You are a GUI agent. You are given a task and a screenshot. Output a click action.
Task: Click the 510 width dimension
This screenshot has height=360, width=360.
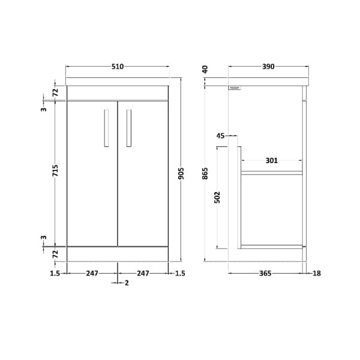pyautogui.click(x=117, y=67)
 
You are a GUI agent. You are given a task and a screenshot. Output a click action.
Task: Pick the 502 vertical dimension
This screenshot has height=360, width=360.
pyautogui.click(x=217, y=197)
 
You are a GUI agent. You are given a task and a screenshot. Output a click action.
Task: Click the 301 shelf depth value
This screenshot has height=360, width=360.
pyautogui.click(x=271, y=160)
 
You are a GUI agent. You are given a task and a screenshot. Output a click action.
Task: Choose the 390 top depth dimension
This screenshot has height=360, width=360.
pyautogui.click(x=268, y=67)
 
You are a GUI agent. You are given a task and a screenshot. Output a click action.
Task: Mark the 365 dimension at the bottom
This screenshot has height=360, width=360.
pyautogui.click(x=265, y=274)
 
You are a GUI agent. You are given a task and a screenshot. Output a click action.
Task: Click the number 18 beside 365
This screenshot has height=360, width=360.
pyautogui.click(x=317, y=274)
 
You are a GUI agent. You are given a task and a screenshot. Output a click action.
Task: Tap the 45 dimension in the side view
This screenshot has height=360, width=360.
pyautogui.click(x=220, y=136)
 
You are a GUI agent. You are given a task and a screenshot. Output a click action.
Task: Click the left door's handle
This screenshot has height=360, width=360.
pyautogui.click(x=106, y=128)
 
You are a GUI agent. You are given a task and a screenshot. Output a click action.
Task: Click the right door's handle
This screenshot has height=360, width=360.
pyautogui.click(x=128, y=128)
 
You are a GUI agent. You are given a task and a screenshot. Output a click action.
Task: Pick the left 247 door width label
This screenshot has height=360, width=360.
pyautogui.click(x=92, y=274)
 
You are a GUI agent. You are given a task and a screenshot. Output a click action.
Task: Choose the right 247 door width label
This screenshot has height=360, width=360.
pyautogui.click(x=143, y=274)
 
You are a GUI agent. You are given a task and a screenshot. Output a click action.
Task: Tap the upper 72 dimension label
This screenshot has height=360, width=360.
pyautogui.click(x=55, y=92)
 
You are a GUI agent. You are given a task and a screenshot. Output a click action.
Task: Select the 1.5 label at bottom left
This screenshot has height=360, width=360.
pyautogui.click(x=55, y=274)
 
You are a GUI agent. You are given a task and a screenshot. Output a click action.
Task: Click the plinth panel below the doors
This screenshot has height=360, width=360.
pyautogui.click(x=117, y=254)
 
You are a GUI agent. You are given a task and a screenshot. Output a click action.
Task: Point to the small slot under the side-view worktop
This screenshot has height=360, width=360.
pyautogui.click(x=235, y=89)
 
